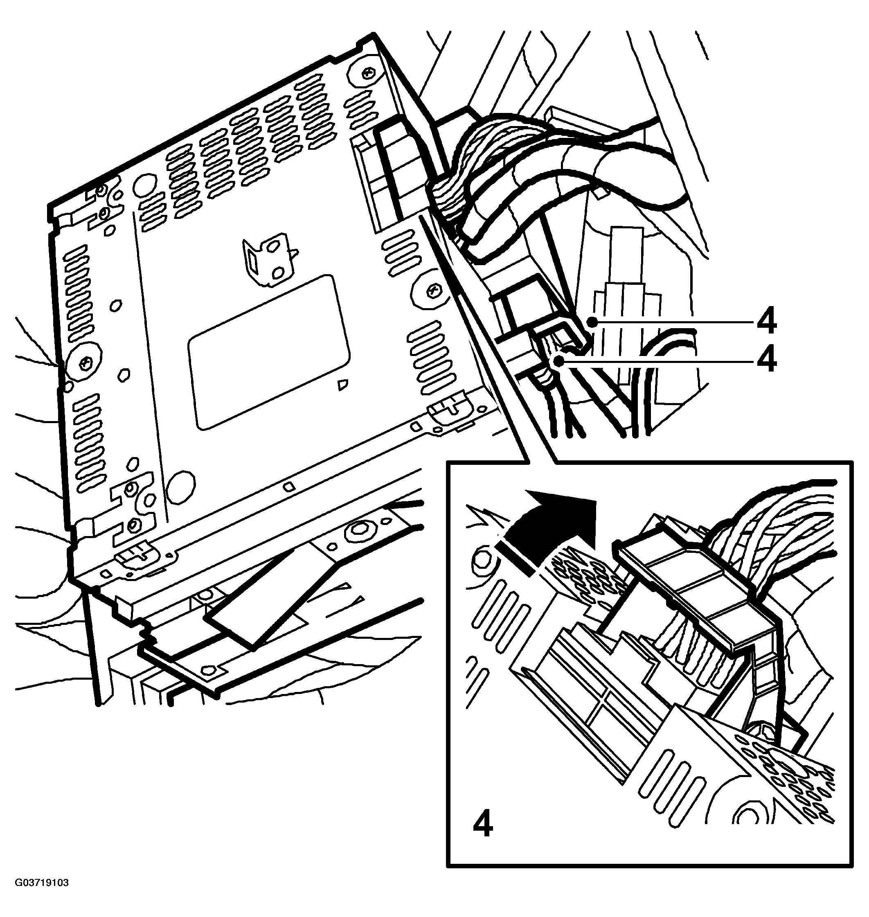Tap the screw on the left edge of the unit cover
coord(84,363)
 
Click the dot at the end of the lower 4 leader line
coord(561,360)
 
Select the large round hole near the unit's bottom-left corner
coord(181,487)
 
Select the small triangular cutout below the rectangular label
coord(343,384)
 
